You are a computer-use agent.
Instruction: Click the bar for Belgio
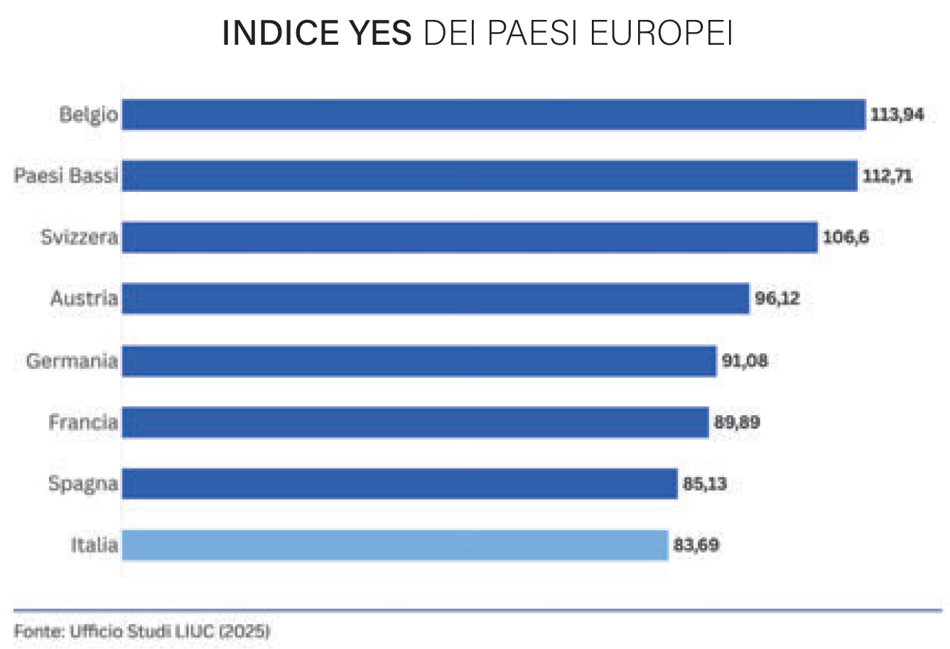[493, 114]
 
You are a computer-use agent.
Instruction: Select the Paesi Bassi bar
[490, 176]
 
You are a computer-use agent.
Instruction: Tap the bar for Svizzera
[470, 237]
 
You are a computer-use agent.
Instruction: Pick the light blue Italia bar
[395, 545]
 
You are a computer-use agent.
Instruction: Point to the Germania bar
[419, 361]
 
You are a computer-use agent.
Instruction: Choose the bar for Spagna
[399, 484]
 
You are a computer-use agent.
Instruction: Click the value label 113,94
[897, 114]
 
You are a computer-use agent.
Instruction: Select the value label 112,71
[887, 176]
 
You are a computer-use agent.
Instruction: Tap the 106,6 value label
[846, 237]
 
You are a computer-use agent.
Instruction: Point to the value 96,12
[777, 299]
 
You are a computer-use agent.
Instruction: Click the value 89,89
[737, 422]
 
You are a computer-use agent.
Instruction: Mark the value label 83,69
[696, 545]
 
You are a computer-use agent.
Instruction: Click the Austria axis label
[84, 298]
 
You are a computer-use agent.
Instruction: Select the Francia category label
[83, 422]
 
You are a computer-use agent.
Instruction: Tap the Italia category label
[94, 545]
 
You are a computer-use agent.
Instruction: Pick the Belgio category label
[88, 114]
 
